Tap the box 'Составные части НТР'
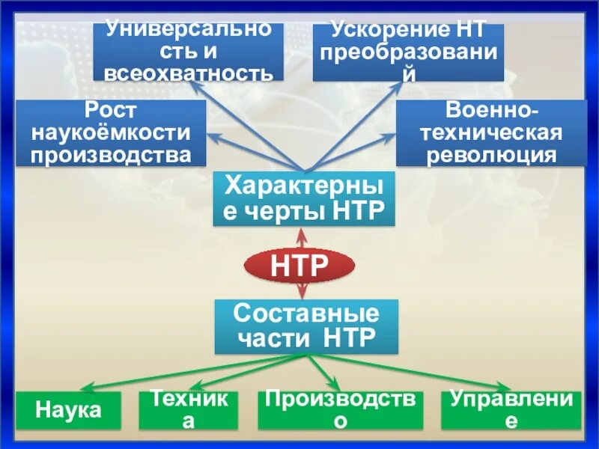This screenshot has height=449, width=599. click(306, 326)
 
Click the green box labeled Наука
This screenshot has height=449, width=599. click(69, 410)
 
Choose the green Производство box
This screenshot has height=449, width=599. click(341, 410)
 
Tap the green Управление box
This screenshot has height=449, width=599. click(511, 410)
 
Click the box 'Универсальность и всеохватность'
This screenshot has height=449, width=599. click(189, 52)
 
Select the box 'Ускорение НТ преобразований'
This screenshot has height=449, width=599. click(408, 52)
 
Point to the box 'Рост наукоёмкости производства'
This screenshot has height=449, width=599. click(111, 133)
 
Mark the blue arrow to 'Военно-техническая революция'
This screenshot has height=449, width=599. click(352, 151)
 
